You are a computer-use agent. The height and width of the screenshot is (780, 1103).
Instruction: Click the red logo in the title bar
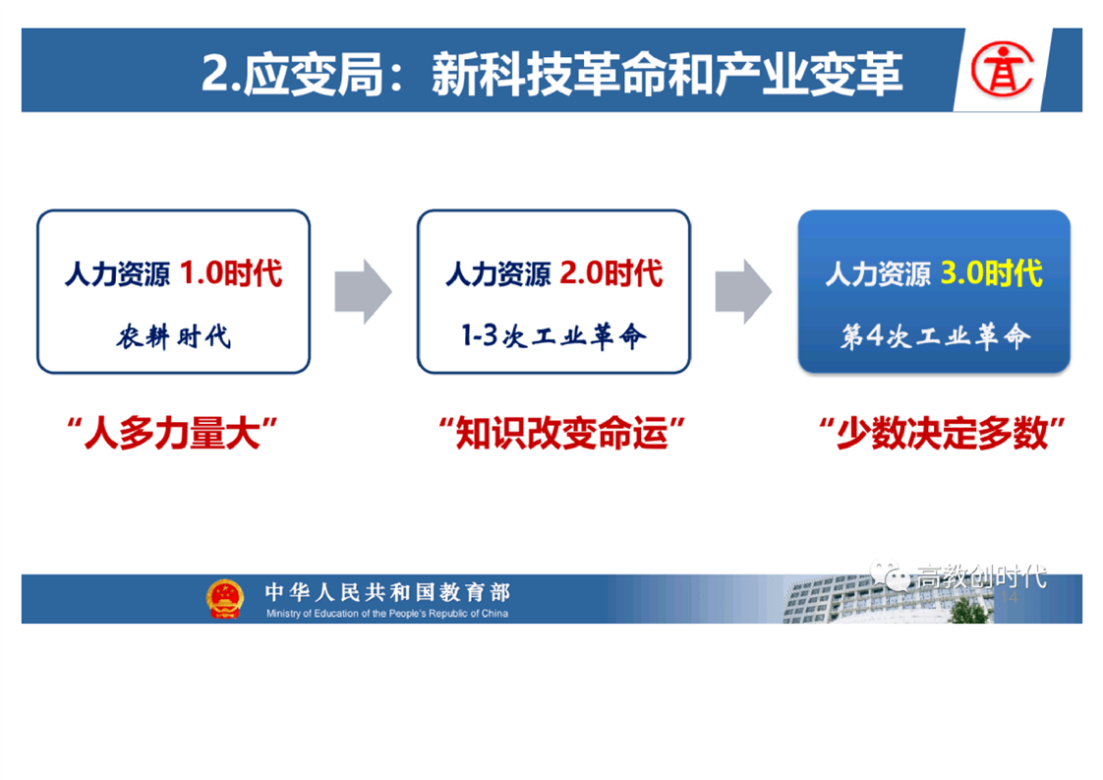pyautogui.click(x=1003, y=70)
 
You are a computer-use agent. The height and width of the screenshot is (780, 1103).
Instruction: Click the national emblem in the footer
pyautogui.click(x=225, y=599)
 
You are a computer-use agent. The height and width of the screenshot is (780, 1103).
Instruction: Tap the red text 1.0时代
pyautogui.click(x=231, y=273)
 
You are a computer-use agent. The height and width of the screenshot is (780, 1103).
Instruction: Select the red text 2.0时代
pyautogui.click(x=611, y=273)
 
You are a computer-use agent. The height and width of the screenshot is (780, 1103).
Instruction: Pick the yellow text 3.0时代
pyautogui.click(x=992, y=273)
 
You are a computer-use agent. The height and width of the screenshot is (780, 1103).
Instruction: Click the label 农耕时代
pyautogui.click(x=174, y=336)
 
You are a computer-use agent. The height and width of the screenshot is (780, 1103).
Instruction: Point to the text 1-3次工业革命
pyautogui.click(x=553, y=335)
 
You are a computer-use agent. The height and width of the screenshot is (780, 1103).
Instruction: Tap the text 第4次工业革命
pyautogui.click(x=935, y=335)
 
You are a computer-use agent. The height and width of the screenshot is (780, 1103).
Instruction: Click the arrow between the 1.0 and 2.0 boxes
pyautogui.click(x=363, y=291)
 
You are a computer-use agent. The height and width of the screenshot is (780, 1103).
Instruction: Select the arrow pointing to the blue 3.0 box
pyautogui.click(x=743, y=291)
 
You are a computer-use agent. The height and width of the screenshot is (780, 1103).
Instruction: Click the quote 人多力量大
pyautogui.click(x=172, y=433)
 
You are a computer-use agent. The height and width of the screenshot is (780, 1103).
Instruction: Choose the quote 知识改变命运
pyautogui.click(x=562, y=433)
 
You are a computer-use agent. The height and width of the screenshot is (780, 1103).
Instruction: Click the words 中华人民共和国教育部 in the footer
pyautogui.click(x=387, y=592)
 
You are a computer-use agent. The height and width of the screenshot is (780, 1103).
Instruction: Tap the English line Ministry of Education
pyautogui.click(x=387, y=614)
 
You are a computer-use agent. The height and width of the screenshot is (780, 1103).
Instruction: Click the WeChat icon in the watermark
pyautogui.click(x=890, y=575)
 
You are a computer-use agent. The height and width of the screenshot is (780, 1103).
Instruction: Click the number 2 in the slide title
pyautogui.click(x=214, y=74)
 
